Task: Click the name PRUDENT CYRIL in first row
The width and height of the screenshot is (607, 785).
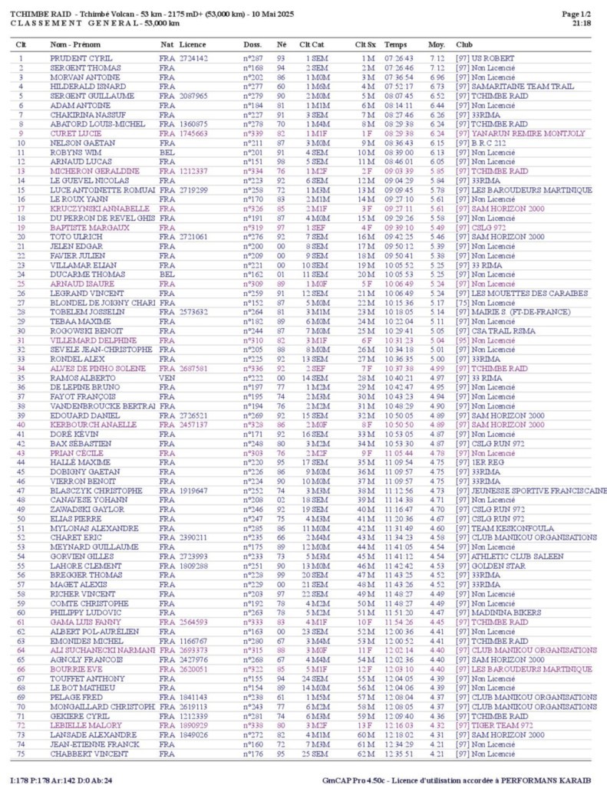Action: [x=81, y=58]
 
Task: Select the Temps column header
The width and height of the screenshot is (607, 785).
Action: [x=395, y=44]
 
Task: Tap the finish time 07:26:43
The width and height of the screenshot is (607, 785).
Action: [x=399, y=58]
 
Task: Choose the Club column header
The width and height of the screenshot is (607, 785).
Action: [x=464, y=44]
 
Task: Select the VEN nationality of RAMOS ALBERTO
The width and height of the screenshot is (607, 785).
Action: [x=167, y=378]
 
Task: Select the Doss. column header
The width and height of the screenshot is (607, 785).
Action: [x=252, y=44]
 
